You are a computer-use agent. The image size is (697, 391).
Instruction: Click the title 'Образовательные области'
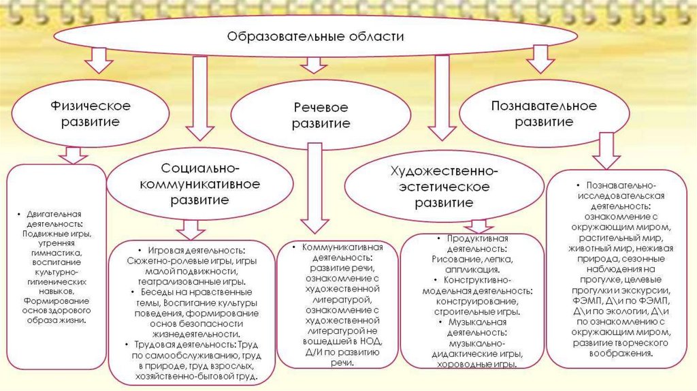point(314,36)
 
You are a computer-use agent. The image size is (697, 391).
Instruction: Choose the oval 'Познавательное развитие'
point(543,114)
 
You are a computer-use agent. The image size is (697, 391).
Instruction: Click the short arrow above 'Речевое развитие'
point(314,64)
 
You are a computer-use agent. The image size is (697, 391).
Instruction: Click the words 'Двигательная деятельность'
point(54,217)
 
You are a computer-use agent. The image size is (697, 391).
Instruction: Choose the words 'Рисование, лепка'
point(472,260)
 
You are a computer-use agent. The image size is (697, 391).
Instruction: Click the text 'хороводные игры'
point(474,364)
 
